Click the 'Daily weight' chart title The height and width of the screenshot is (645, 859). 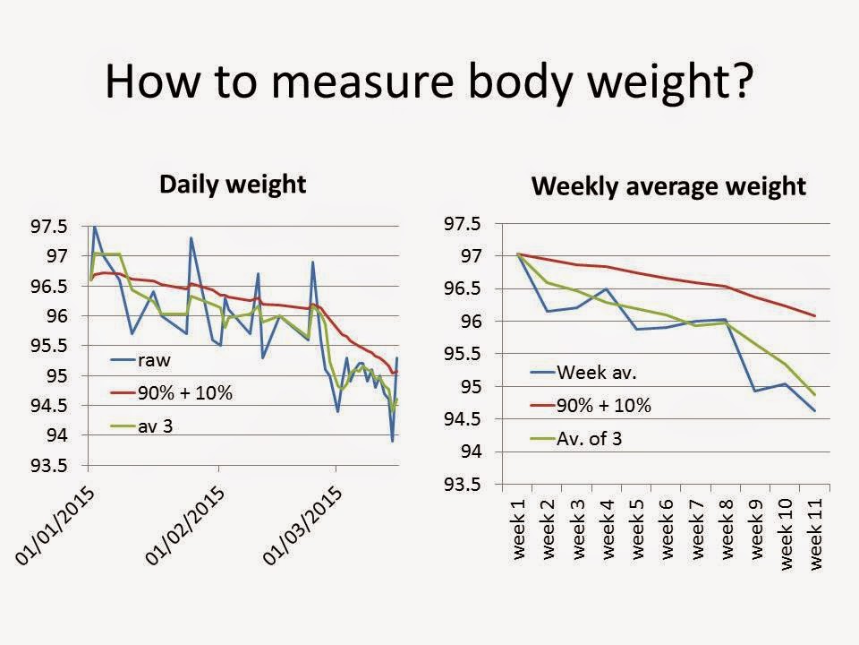tap(232, 185)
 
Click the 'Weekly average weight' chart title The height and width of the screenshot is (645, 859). tap(669, 187)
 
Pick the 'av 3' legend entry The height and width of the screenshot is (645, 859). tap(155, 426)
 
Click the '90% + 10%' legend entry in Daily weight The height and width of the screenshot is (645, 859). tap(183, 393)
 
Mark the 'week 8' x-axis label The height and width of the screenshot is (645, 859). tap(726, 529)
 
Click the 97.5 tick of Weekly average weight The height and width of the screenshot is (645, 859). tap(464, 224)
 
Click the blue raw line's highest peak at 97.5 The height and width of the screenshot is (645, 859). tap(95, 226)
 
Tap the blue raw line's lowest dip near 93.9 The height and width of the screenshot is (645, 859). tap(392, 441)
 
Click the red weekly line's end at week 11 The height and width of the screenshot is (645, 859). tap(814, 315)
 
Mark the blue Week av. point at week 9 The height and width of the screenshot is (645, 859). tap(755, 391)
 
